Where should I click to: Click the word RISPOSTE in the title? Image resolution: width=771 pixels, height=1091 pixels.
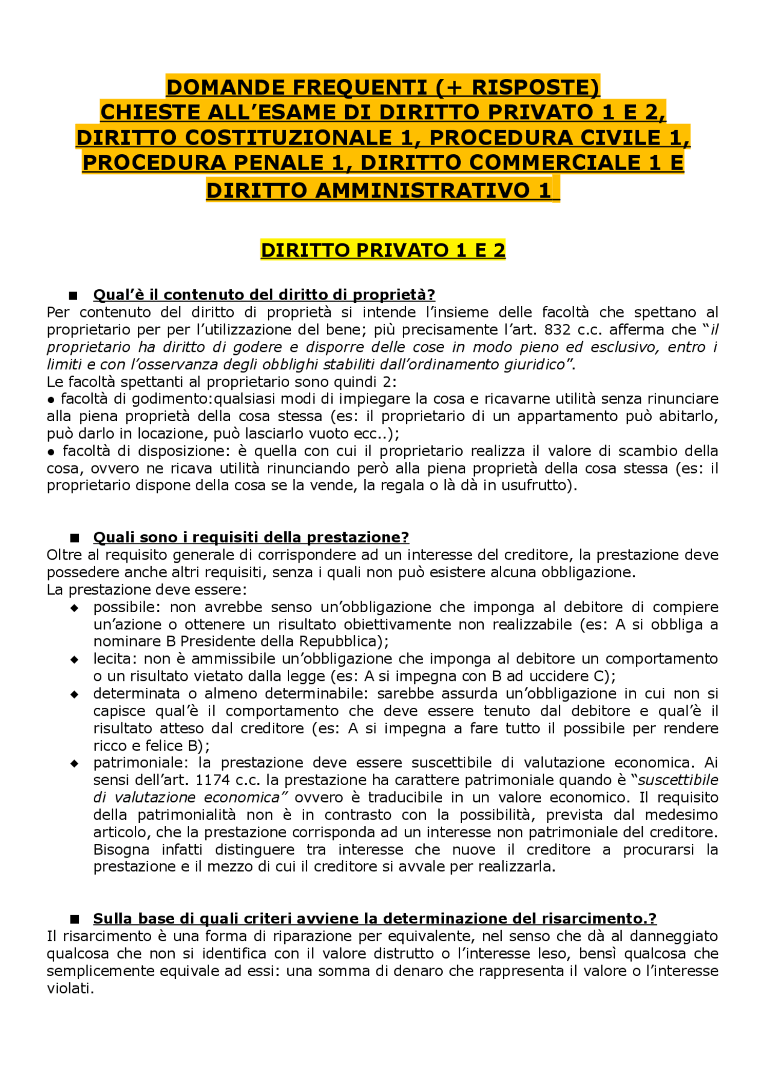532,88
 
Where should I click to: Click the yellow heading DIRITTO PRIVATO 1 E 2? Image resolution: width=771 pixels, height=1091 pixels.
382,250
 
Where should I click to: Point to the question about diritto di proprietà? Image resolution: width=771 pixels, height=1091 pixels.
264,295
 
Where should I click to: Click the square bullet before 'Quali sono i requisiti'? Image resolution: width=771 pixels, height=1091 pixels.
75,538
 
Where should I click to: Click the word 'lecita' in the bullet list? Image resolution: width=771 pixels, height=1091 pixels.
113,659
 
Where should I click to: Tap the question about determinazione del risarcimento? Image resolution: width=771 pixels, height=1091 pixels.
374,919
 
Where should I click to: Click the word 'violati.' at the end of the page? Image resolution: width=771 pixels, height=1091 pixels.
70,989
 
